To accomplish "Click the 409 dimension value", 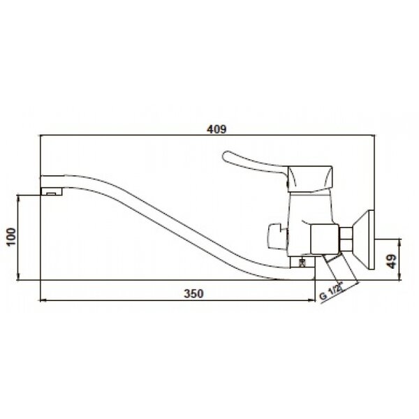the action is [216, 129].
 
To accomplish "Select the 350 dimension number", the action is [193, 294].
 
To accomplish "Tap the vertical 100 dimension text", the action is [12, 237].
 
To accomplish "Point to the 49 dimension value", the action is [392, 261].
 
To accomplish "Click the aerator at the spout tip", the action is [51, 191].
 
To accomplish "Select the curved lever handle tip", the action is [226, 157].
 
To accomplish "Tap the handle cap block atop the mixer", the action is [310, 179].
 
